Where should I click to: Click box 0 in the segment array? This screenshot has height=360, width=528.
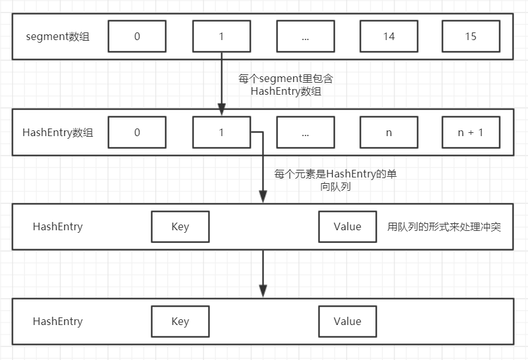[x=137, y=36]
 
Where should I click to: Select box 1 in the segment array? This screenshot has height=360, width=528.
[x=221, y=36]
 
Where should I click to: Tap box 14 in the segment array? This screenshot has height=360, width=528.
[x=389, y=36]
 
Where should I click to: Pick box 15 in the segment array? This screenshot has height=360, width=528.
[x=471, y=36]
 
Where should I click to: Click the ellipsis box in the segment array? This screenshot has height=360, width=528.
[x=305, y=36]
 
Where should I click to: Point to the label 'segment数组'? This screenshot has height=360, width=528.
[x=58, y=36]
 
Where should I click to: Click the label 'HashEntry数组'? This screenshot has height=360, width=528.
[x=58, y=132]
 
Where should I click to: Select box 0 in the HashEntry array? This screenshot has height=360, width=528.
[x=137, y=132]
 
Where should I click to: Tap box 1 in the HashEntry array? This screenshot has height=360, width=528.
[x=221, y=132]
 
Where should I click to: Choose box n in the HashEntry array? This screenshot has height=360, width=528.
[x=389, y=132]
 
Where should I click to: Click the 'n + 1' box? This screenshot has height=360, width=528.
[x=471, y=132]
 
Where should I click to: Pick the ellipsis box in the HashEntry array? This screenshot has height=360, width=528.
[x=305, y=132]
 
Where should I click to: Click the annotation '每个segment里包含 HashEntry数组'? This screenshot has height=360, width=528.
[x=286, y=85]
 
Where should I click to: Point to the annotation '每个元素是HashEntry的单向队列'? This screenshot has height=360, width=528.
[x=335, y=180]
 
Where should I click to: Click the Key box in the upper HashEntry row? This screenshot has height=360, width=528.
[x=180, y=227]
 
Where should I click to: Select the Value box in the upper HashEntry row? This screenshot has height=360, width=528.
[x=347, y=227]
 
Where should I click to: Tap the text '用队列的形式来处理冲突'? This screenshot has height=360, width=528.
[x=444, y=226]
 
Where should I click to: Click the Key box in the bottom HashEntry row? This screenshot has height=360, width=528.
[x=180, y=321]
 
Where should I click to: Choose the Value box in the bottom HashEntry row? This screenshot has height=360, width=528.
[x=347, y=321]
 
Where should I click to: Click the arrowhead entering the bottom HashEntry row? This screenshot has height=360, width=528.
[x=263, y=289]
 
